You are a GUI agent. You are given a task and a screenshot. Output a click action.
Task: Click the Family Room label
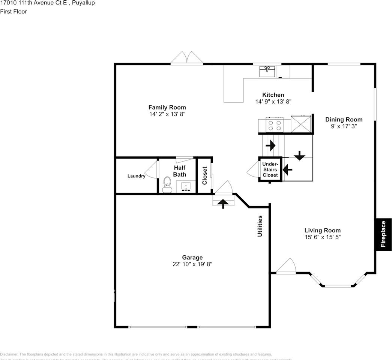coord(167,107)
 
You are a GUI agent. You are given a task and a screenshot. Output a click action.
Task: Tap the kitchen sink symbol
coord(267,71)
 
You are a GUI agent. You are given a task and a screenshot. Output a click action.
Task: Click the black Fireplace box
coord(383,234)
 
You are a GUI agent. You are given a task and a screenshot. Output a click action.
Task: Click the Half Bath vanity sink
coord(186,187)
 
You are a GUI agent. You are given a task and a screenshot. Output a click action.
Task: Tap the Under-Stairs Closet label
coord(270,169)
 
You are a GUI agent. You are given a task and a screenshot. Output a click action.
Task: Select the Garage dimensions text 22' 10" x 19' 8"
coord(192,264)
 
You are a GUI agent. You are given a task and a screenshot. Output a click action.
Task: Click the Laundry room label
coord(136,176)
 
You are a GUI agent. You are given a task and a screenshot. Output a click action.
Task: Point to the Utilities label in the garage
coord(260,226)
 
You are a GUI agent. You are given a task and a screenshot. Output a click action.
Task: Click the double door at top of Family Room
coord(187,58)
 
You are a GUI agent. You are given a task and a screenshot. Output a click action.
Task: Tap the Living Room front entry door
coord(287,266)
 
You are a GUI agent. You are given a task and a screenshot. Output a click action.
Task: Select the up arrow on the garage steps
coord(223,203)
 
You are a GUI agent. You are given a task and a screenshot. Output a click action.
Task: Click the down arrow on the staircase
coord(299,155)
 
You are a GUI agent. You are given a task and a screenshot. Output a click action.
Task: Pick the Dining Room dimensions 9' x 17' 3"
coord(344,126)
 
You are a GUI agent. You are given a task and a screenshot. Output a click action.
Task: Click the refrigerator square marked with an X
coord(301,124)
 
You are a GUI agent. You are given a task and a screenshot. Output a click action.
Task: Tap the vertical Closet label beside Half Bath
coord(204,175)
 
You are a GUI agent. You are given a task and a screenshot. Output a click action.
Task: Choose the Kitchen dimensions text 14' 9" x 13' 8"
coord(273,101)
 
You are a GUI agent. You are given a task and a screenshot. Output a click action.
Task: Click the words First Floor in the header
coord(14,11)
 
